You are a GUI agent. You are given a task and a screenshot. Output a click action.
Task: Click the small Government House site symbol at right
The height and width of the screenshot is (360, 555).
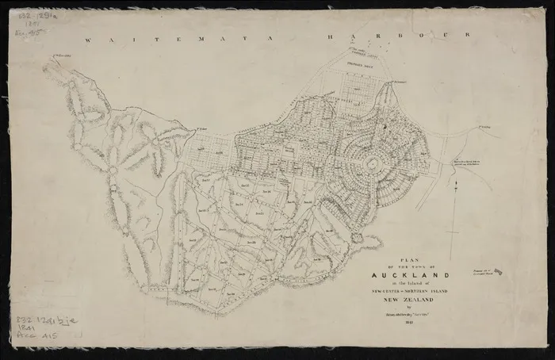[497, 273]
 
